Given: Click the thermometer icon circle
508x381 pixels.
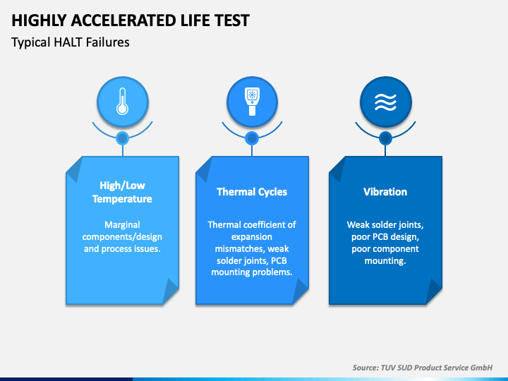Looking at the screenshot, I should [x=122, y=102].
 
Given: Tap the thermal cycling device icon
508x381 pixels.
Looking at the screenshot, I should [x=252, y=102].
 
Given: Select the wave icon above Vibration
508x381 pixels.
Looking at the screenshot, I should [x=385, y=102].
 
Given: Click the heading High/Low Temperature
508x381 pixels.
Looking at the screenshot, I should [x=122, y=192].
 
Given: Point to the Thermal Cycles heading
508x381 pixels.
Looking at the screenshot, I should [x=252, y=192].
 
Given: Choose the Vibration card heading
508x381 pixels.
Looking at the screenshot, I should [x=385, y=192].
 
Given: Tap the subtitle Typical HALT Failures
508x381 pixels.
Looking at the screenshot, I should [x=71, y=42].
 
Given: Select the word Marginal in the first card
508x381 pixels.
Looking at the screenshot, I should [x=123, y=225].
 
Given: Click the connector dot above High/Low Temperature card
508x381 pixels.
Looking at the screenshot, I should [x=122, y=138].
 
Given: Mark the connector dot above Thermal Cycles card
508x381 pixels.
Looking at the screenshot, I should [x=252, y=138].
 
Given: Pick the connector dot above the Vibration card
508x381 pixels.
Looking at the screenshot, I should [x=385, y=138].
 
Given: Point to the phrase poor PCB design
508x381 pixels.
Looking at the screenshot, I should [x=385, y=237].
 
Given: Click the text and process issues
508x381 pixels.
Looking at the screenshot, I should [x=122, y=249].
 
